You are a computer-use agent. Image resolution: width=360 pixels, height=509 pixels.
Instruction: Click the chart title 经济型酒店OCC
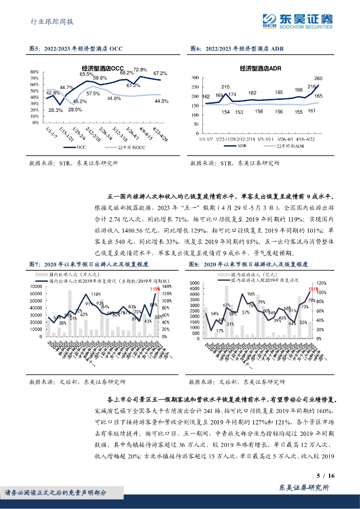[103, 68]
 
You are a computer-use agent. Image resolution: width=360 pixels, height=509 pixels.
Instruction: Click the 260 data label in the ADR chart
[319, 79]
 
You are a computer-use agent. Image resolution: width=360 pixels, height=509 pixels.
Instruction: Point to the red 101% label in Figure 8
[313, 289]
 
